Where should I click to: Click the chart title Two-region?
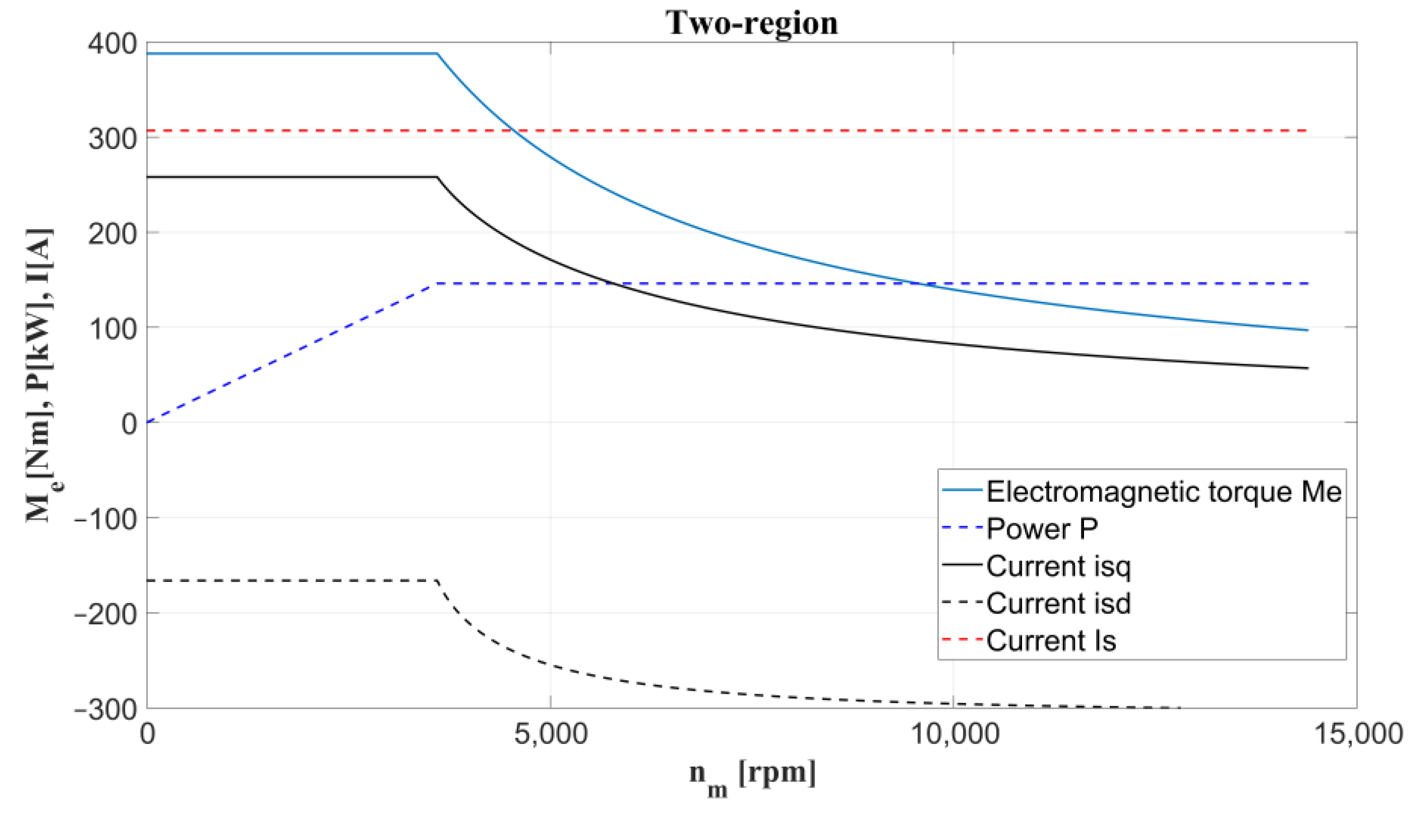click(x=751, y=23)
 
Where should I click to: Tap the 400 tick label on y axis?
click(x=112, y=44)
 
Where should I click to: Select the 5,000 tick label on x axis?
click(x=550, y=733)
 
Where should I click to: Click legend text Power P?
click(x=1042, y=529)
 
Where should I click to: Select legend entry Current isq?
click(x=1058, y=566)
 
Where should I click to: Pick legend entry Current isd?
click(x=1058, y=603)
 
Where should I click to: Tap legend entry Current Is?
click(x=1051, y=641)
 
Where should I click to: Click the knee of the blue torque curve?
click(x=437, y=54)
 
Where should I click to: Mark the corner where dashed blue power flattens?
click(x=436, y=284)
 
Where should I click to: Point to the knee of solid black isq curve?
click(x=437, y=177)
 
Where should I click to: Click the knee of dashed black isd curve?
click(x=437, y=581)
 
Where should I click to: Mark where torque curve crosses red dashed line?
click(x=512, y=131)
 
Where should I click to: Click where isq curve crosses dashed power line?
click(x=614, y=284)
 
